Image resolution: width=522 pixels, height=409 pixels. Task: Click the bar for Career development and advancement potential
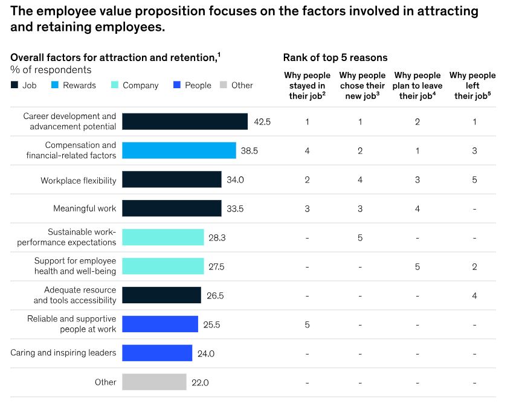pyautogui.click(x=185, y=121)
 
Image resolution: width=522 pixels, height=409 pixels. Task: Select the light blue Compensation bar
pyautogui.click(x=179, y=150)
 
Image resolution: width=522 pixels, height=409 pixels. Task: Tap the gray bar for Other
pyautogui.click(x=154, y=382)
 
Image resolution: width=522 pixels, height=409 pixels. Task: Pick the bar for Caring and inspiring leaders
pyautogui.click(x=157, y=353)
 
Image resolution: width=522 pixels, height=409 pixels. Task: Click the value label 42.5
pyautogui.click(x=262, y=121)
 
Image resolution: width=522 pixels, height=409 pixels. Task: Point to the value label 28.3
pyautogui.click(x=217, y=238)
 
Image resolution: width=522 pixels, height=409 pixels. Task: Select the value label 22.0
pyautogui.click(x=201, y=382)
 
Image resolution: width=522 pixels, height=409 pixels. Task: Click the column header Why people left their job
pyautogui.click(x=472, y=85)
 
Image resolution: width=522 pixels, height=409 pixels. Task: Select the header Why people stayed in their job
pyautogui.click(x=308, y=85)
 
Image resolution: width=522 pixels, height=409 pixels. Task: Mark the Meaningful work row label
pyautogui.click(x=85, y=208)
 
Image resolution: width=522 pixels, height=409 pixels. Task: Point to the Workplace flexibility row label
pyautogui.click(x=79, y=180)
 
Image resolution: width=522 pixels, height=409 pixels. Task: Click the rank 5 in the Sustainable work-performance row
pyautogui.click(x=360, y=238)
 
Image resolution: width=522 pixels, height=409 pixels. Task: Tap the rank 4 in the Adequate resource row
pyautogui.click(x=474, y=296)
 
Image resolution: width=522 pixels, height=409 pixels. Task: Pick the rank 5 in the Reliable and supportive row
pyautogui.click(x=308, y=324)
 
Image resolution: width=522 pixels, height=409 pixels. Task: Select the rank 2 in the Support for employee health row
pyautogui.click(x=474, y=266)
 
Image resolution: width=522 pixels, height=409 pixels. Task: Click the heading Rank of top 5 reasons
pyautogui.click(x=335, y=57)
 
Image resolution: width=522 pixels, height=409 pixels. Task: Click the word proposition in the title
pyautogui.click(x=153, y=11)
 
